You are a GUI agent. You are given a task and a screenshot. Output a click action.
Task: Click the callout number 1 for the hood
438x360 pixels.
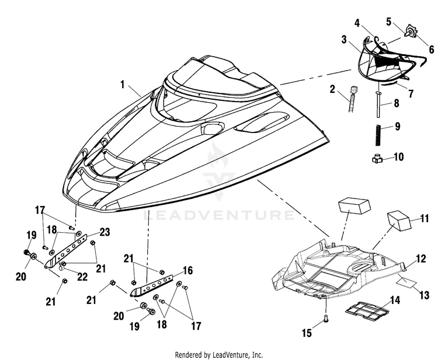122,84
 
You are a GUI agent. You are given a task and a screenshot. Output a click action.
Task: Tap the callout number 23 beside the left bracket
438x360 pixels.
105,232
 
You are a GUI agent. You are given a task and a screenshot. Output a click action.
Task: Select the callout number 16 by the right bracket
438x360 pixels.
188,270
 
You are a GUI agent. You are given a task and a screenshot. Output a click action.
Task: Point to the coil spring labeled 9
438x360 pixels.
378,135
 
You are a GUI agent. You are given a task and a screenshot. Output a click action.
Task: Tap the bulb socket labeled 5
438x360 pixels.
410,31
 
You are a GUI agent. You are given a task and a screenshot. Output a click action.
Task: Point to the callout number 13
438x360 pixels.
424,295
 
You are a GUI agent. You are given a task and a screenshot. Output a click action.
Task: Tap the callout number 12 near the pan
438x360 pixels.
420,258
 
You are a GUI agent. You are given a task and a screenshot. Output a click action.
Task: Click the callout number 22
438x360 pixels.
82,277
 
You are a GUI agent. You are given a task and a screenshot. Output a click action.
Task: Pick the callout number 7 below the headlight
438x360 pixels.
411,94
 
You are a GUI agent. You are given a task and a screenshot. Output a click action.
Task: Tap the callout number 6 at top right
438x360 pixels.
432,50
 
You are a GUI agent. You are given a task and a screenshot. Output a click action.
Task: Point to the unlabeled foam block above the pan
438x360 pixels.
354,206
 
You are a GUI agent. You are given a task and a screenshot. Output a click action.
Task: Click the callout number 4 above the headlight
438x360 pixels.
357,23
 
